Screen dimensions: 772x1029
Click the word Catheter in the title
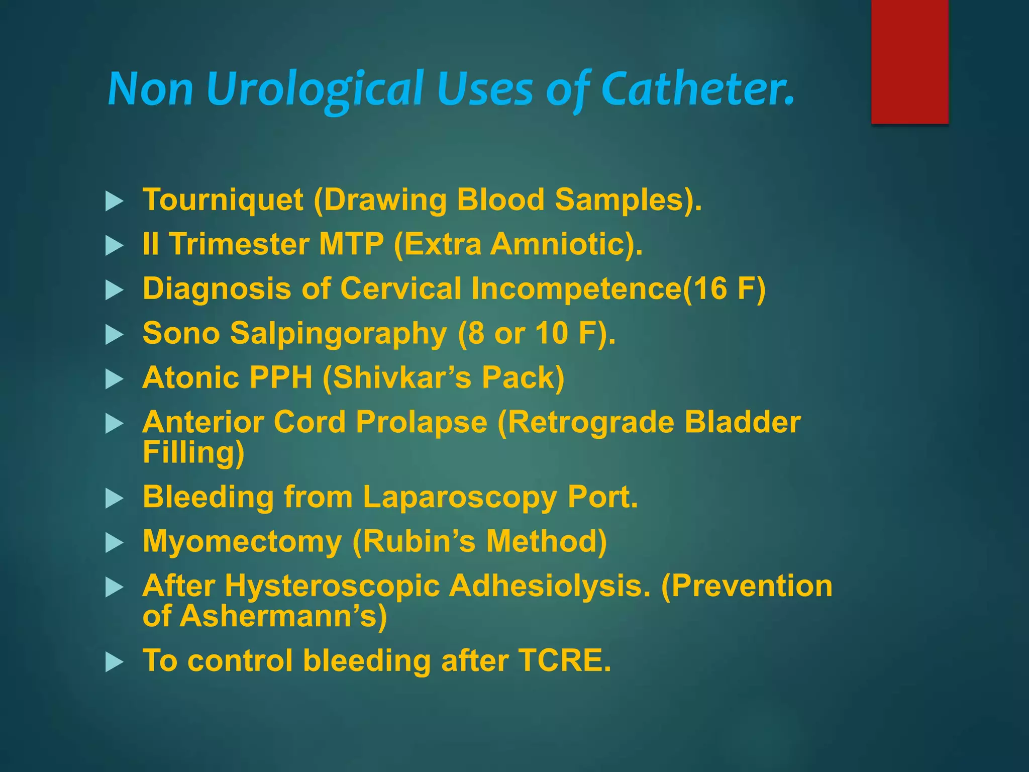point(697,89)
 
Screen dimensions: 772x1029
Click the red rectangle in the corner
point(909,61)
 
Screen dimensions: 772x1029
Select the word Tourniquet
point(223,200)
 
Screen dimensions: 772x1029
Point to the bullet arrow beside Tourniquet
point(115,202)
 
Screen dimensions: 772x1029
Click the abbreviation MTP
point(351,244)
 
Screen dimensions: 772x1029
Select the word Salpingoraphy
point(338,334)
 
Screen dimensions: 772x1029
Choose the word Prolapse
point(422,422)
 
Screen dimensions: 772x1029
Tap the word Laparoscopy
point(460,497)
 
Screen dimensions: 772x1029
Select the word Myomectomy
point(242,541)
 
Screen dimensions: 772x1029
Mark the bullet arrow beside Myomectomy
point(115,543)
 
